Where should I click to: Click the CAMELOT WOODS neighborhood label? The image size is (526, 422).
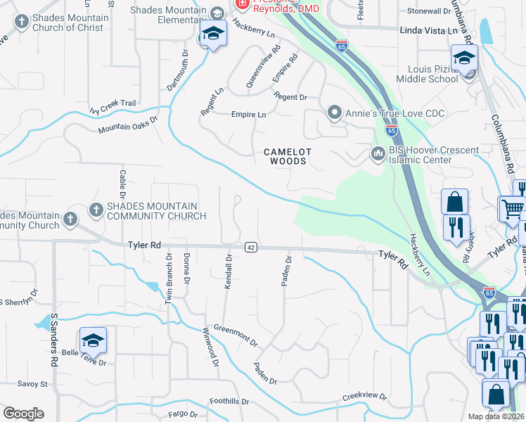pyautogui.click(x=286, y=156)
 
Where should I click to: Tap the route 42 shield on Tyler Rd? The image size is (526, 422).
pyautogui.click(x=250, y=247)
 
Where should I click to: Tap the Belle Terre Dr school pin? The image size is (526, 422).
pyautogui.click(x=93, y=342)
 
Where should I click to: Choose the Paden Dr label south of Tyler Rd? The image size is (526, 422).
pyautogui.click(x=286, y=271)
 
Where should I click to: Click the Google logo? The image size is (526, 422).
pyautogui.click(x=23, y=413)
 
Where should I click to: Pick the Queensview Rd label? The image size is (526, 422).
pyautogui.click(x=262, y=68)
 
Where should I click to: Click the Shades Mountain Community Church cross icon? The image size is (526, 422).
pyautogui.click(x=96, y=210)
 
